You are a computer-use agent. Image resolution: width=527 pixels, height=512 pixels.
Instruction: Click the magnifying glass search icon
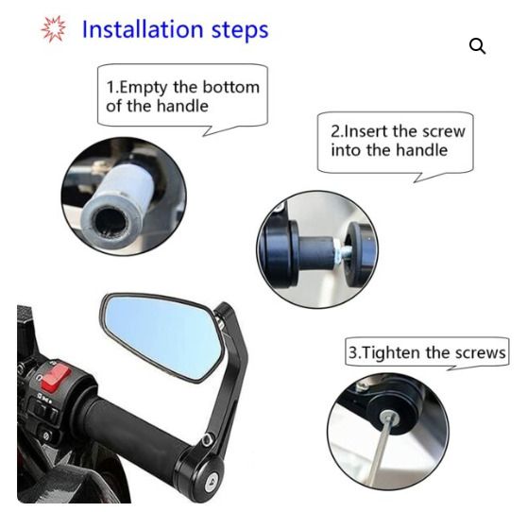pyautogui.click(x=477, y=46)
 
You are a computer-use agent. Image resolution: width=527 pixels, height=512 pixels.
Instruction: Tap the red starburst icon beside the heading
pyautogui.click(x=53, y=29)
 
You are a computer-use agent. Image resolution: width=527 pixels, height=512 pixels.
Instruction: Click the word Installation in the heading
pyautogui.click(x=143, y=29)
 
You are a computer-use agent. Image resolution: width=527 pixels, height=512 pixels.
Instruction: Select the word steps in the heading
pyautogui.click(x=240, y=30)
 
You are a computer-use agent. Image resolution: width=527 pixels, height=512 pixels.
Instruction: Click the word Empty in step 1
pyautogui.click(x=144, y=89)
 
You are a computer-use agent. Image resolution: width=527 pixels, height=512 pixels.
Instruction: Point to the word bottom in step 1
pyautogui.click(x=231, y=88)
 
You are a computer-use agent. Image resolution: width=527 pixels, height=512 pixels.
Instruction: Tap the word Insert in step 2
pyautogui.click(x=366, y=131)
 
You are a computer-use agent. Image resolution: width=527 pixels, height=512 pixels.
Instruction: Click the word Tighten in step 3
pyautogui.click(x=393, y=353)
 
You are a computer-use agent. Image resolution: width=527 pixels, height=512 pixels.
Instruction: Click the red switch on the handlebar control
pyautogui.click(x=56, y=376)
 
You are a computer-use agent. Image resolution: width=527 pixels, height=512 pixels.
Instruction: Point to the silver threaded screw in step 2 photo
pyautogui.click(x=343, y=250)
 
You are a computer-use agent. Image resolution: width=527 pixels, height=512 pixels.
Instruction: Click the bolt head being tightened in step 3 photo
pyautogui.click(x=389, y=418)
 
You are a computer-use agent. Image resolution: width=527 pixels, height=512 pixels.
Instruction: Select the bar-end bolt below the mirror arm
pyautogui.click(x=212, y=478)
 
